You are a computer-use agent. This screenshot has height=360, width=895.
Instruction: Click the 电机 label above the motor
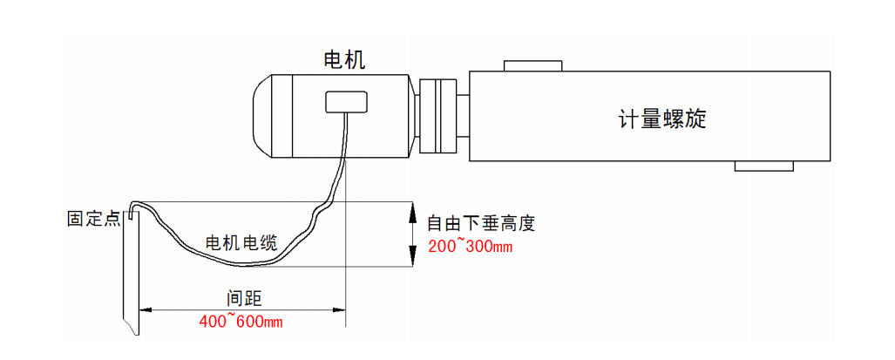(344, 60)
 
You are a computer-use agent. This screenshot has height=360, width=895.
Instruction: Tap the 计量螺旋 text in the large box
(662, 119)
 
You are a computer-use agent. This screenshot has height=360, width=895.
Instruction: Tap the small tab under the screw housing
(764, 166)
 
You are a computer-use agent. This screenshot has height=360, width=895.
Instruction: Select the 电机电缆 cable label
(241, 243)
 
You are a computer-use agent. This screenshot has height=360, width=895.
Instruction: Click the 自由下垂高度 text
(480, 223)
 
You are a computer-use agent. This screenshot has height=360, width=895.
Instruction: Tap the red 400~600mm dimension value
(241, 322)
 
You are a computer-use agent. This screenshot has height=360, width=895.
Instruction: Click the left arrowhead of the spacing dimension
(146, 309)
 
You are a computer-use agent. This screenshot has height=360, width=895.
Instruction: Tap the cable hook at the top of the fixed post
(132, 209)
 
